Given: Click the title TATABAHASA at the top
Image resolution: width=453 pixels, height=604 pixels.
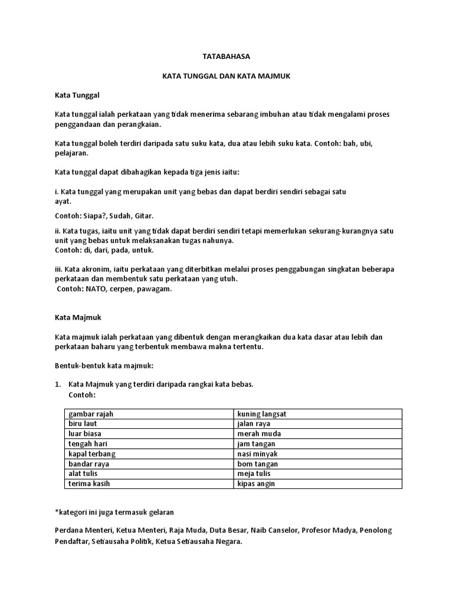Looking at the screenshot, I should tap(226, 57).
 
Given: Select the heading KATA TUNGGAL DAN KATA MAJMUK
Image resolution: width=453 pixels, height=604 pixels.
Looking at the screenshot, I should tap(226, 76).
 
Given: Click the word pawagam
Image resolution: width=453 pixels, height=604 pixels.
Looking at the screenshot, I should tap(156, 289).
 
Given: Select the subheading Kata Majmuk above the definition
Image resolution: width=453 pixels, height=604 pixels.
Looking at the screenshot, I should tap(78, 317).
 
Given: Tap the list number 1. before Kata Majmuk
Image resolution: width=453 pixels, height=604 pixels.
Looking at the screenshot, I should tap(58, 385).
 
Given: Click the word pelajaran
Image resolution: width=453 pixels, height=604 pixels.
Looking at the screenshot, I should tap(71, 153).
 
